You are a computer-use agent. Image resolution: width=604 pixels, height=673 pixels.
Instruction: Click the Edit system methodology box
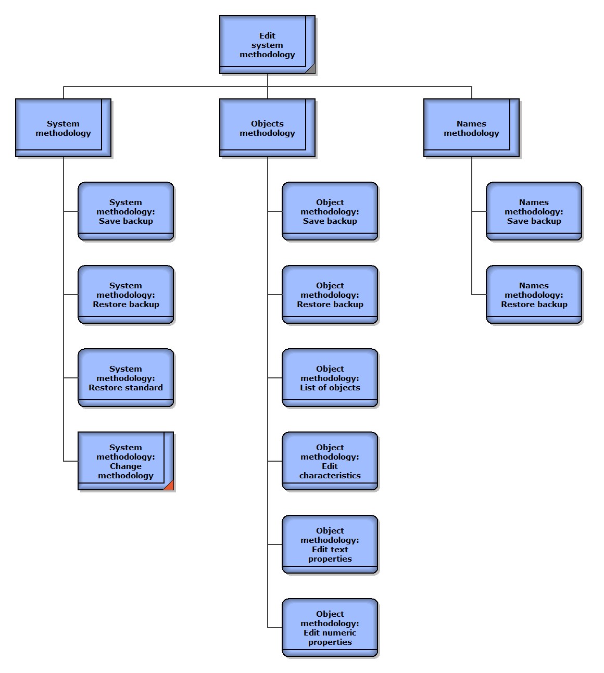coord(267,45)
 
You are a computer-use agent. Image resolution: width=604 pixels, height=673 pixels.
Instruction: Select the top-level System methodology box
coord(63,128)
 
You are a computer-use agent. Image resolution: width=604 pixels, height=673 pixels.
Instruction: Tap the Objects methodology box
coord(267,128)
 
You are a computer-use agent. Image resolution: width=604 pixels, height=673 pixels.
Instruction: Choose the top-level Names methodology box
coord(471,128)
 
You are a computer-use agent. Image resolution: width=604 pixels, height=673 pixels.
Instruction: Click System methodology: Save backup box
coord(125,211)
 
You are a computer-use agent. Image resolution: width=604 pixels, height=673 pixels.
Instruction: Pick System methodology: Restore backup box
coord(125,295)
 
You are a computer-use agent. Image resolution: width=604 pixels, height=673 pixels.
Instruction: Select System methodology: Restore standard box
coord(125,378)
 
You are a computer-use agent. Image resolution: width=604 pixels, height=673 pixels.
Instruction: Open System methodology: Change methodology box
coord(125,461)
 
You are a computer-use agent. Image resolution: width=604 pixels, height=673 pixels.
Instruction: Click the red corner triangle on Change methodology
coord(169,486)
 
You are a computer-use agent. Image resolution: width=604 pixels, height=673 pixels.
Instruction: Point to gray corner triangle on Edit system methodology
coord(311,69)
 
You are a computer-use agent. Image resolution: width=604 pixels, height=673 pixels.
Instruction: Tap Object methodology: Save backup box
coord(330,211)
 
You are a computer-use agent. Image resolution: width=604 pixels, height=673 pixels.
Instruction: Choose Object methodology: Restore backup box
coord(330,295)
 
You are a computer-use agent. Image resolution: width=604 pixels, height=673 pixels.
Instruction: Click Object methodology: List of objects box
coord(330,378)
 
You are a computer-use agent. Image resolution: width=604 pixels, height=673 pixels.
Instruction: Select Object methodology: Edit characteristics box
coord(330,461)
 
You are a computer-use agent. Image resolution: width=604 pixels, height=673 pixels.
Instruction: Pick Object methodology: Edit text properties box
coord(330,544)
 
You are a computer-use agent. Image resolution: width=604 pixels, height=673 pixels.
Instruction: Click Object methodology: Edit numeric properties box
coord(330,628)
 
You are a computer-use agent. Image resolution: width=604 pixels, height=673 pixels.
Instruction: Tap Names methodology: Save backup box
coord(534,211)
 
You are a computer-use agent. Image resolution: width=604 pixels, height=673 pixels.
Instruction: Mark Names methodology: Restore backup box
coord(534,295)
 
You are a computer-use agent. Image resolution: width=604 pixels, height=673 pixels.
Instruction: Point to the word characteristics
coord(330,476)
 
